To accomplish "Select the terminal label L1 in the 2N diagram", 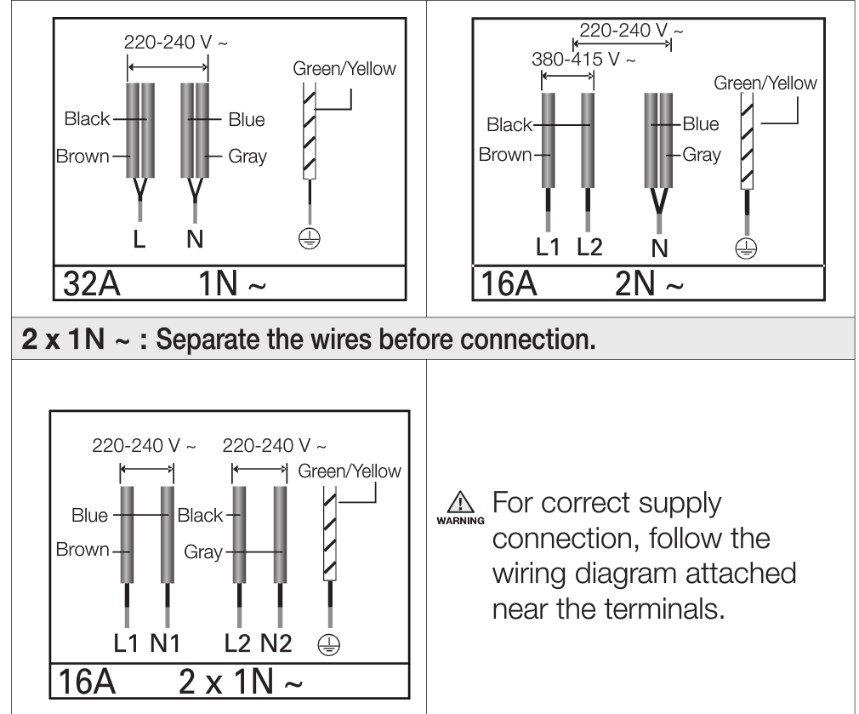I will (549, 248).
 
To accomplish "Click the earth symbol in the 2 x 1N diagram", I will (326, 644).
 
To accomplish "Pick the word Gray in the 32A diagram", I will (247, 156).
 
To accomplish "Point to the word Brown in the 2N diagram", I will (504, 154).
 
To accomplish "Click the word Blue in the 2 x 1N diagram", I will (90, 516).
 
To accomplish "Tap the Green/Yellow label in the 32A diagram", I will (344, 69).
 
